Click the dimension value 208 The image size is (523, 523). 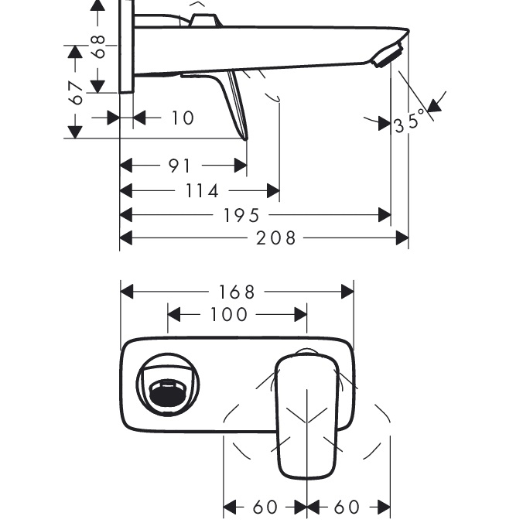pos(276,238)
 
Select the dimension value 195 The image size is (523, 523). pos(241,215)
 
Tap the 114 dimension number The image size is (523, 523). pos(201,190)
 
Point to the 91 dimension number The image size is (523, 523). pos(179,166)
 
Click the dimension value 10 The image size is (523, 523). pos(183,118)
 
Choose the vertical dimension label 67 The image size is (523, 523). pos(76,93)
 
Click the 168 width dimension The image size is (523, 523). pos(237,292)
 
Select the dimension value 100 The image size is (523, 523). pos(229,315)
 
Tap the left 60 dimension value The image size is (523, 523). pos(265,508)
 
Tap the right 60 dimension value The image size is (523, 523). pos(347,508)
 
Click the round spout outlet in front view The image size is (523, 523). pos(168,388)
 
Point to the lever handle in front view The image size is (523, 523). pos(307,414)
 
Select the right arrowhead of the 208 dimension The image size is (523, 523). pos(402,238)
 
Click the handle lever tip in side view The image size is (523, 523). pos(244,135)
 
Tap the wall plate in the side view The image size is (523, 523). pos(127,46)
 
